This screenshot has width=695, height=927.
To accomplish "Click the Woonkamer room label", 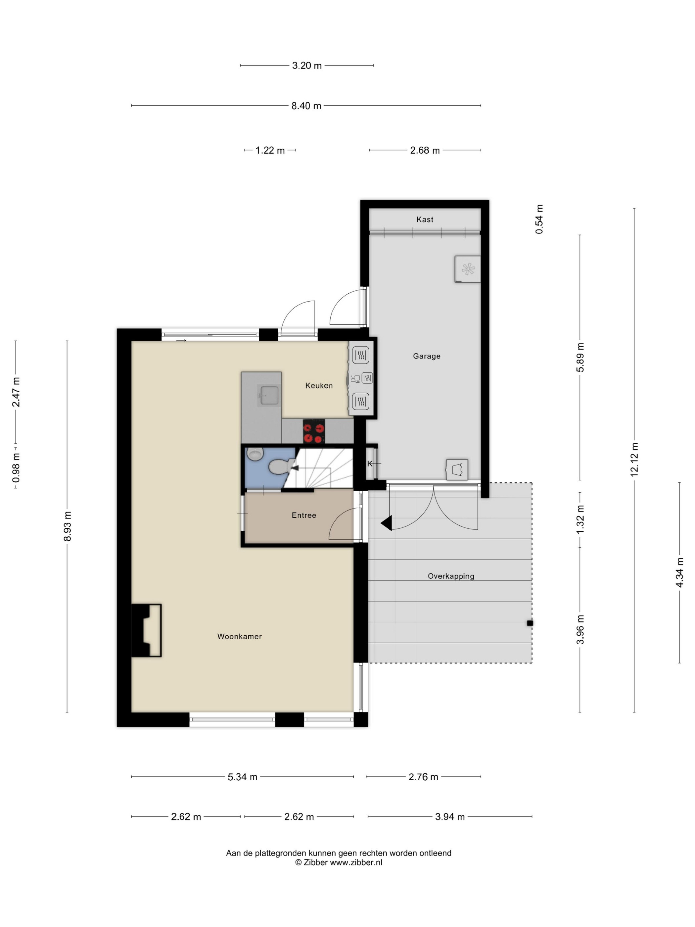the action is [x=239, y=636].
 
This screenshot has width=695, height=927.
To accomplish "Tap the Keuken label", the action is [x=319, y=386].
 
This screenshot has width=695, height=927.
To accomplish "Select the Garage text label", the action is [x=427, y=356].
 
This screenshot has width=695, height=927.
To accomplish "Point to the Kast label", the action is [x=425, y=219].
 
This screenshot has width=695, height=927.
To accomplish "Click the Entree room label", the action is [x=304, y=515].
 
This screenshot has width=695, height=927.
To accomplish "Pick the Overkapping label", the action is [x=451, y=576].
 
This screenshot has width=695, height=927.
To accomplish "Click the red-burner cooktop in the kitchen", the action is [x=314, y=431].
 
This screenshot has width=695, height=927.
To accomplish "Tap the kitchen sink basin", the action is [x=269, y=396].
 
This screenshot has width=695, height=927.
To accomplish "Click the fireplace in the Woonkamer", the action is [x=146, y=630].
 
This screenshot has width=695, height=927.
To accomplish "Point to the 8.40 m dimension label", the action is [x=306, y=106].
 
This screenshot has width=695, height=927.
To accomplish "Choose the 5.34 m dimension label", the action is [x=242, y=777].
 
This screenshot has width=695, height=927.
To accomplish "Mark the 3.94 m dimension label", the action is [x=450, y=816].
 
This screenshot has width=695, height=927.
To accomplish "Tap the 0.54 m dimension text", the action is [x=539, y=219].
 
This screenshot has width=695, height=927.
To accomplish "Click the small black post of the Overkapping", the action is [x=530, y=623].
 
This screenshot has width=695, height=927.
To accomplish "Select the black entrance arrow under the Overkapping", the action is [x=386, y=523].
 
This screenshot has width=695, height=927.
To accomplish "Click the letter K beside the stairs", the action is [x=369, y=463].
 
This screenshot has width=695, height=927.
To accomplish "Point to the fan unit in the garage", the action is [x=468, y=269].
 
